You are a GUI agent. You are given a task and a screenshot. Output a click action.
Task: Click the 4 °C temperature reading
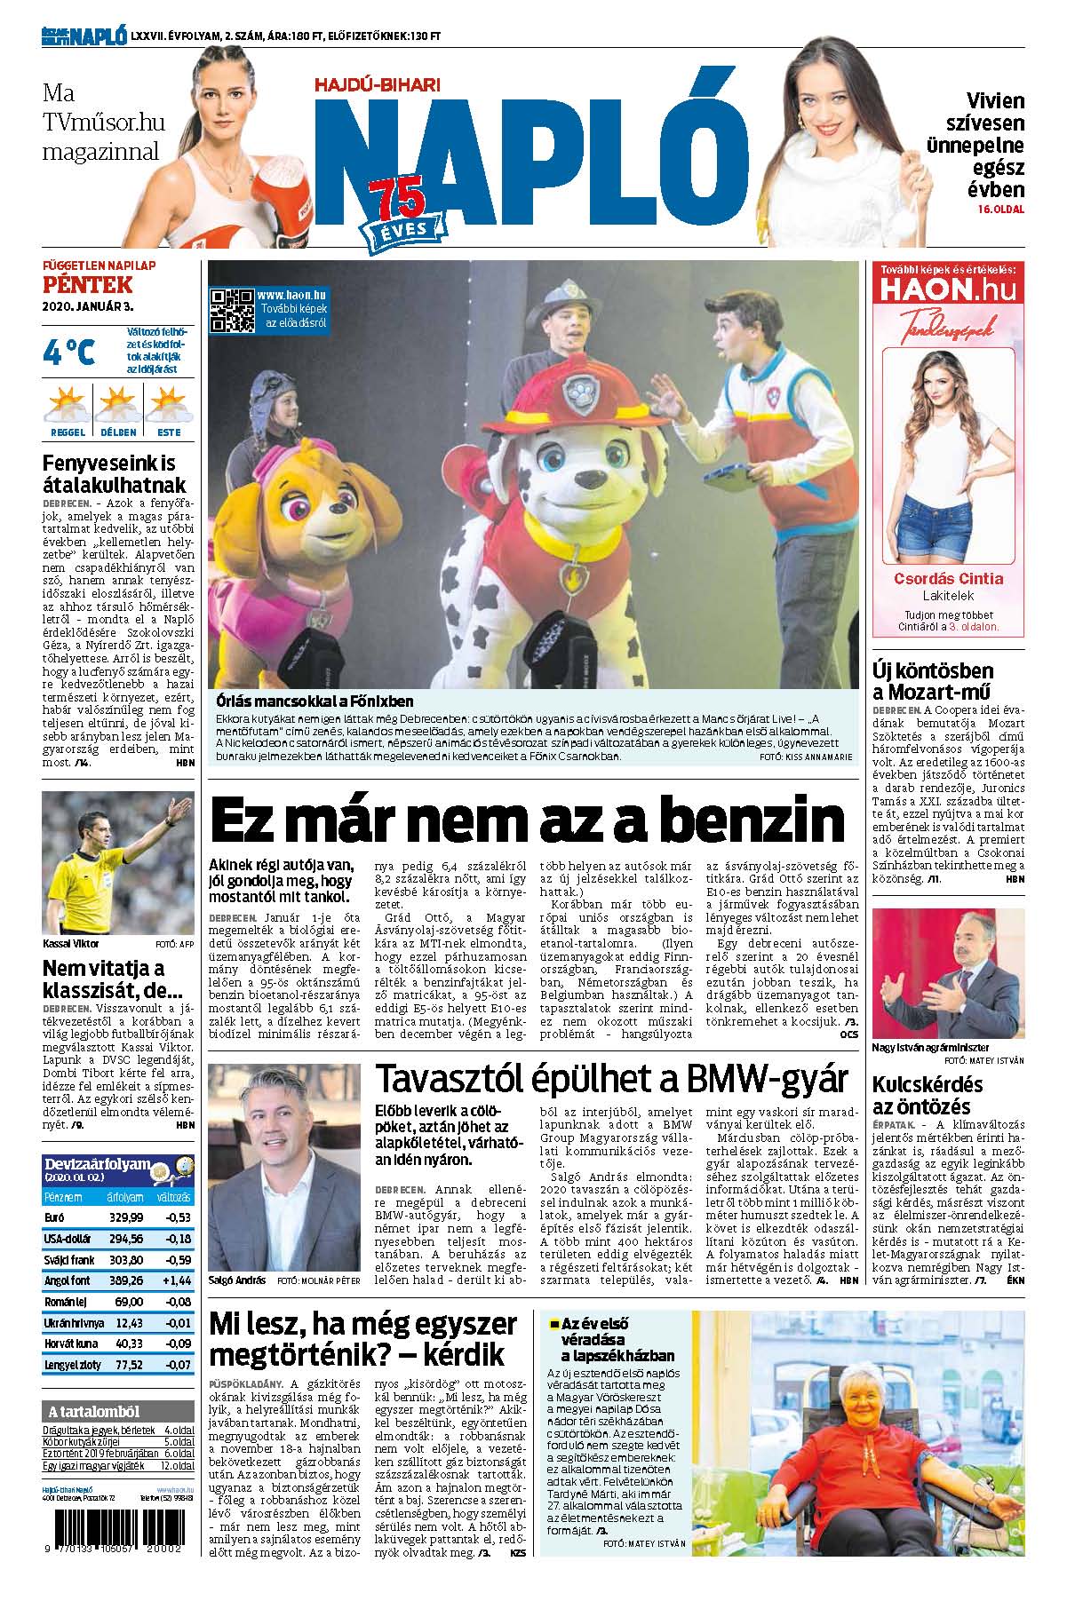(x=68, y=353)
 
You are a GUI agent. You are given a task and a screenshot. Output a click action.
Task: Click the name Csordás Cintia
(x=948, y=579)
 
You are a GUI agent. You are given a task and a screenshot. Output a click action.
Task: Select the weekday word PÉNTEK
(x=88, y=285)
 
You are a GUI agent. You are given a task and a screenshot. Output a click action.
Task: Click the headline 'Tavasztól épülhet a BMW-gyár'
(x=611, y=1080)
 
